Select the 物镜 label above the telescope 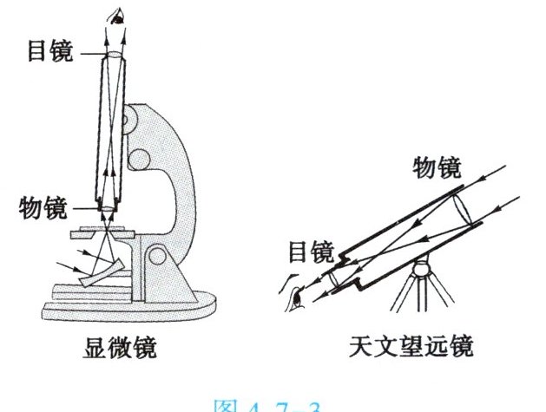point(437,167)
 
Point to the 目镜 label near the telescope point(309,252)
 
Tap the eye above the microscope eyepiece point(115,17)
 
